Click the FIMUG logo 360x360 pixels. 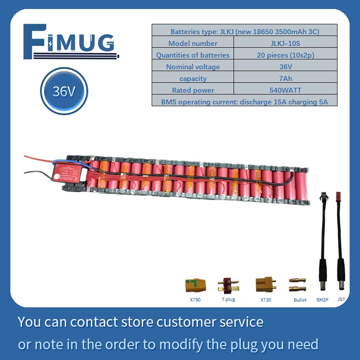pos(71,42)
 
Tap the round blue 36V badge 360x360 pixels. pos(64,92)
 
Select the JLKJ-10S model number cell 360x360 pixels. pos(285,43)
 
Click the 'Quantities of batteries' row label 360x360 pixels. pos(193,55)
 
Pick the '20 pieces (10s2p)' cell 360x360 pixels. pos(285,55)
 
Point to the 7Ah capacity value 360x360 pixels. pos(285,78)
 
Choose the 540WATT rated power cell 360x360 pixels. pos(285,90)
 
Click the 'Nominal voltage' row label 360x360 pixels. pos(193,67)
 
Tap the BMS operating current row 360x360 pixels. pos(244,102)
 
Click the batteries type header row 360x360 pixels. pos(244,31)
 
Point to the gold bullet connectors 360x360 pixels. pos(297,284)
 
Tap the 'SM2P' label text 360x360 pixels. pos(323,299)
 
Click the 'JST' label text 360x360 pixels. pos(341,299)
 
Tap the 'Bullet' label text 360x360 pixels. pos(300,300)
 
